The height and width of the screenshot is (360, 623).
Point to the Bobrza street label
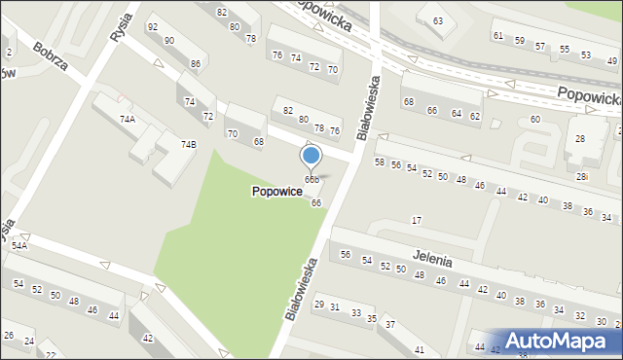[x=49, y=59]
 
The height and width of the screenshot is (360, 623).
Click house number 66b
[x=311, y=180]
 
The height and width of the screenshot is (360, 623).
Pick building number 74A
[x=128, y=119]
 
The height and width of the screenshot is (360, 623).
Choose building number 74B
[x=188, y=144]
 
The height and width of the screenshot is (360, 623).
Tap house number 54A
[x=18, y=246]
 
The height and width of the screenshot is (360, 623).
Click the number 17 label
[x=417, y=221]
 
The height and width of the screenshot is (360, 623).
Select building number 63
[x=438, y=20]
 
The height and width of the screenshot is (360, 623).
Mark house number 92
[x=152, y=27]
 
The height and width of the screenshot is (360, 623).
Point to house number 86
[x=196, y=64]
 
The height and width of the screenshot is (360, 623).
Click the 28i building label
[x=581, y=176]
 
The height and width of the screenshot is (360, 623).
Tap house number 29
[x=318, y=305]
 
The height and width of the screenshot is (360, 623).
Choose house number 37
[x=389, y=324]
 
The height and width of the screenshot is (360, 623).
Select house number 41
[x=420, y=348]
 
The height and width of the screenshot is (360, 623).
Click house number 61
[x=498, y=35]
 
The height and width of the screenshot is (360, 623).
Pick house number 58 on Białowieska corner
[x=380, y=162]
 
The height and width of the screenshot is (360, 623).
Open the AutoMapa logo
[x=559, y=341]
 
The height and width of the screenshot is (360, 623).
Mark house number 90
[x=169, y=40]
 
